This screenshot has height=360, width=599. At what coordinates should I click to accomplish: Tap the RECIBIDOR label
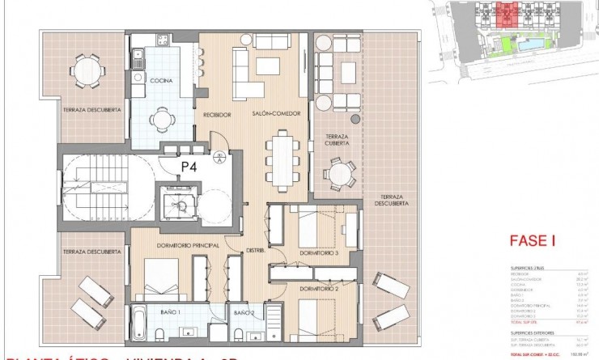218,114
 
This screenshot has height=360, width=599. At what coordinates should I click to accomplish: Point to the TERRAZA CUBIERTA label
338,139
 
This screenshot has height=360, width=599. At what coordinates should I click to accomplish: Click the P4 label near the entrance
189,167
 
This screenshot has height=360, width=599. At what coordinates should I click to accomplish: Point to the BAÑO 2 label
244,311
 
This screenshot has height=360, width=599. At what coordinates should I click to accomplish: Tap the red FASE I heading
530,240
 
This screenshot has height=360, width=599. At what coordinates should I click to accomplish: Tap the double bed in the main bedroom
168,280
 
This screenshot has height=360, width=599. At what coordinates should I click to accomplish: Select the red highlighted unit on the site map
508,14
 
